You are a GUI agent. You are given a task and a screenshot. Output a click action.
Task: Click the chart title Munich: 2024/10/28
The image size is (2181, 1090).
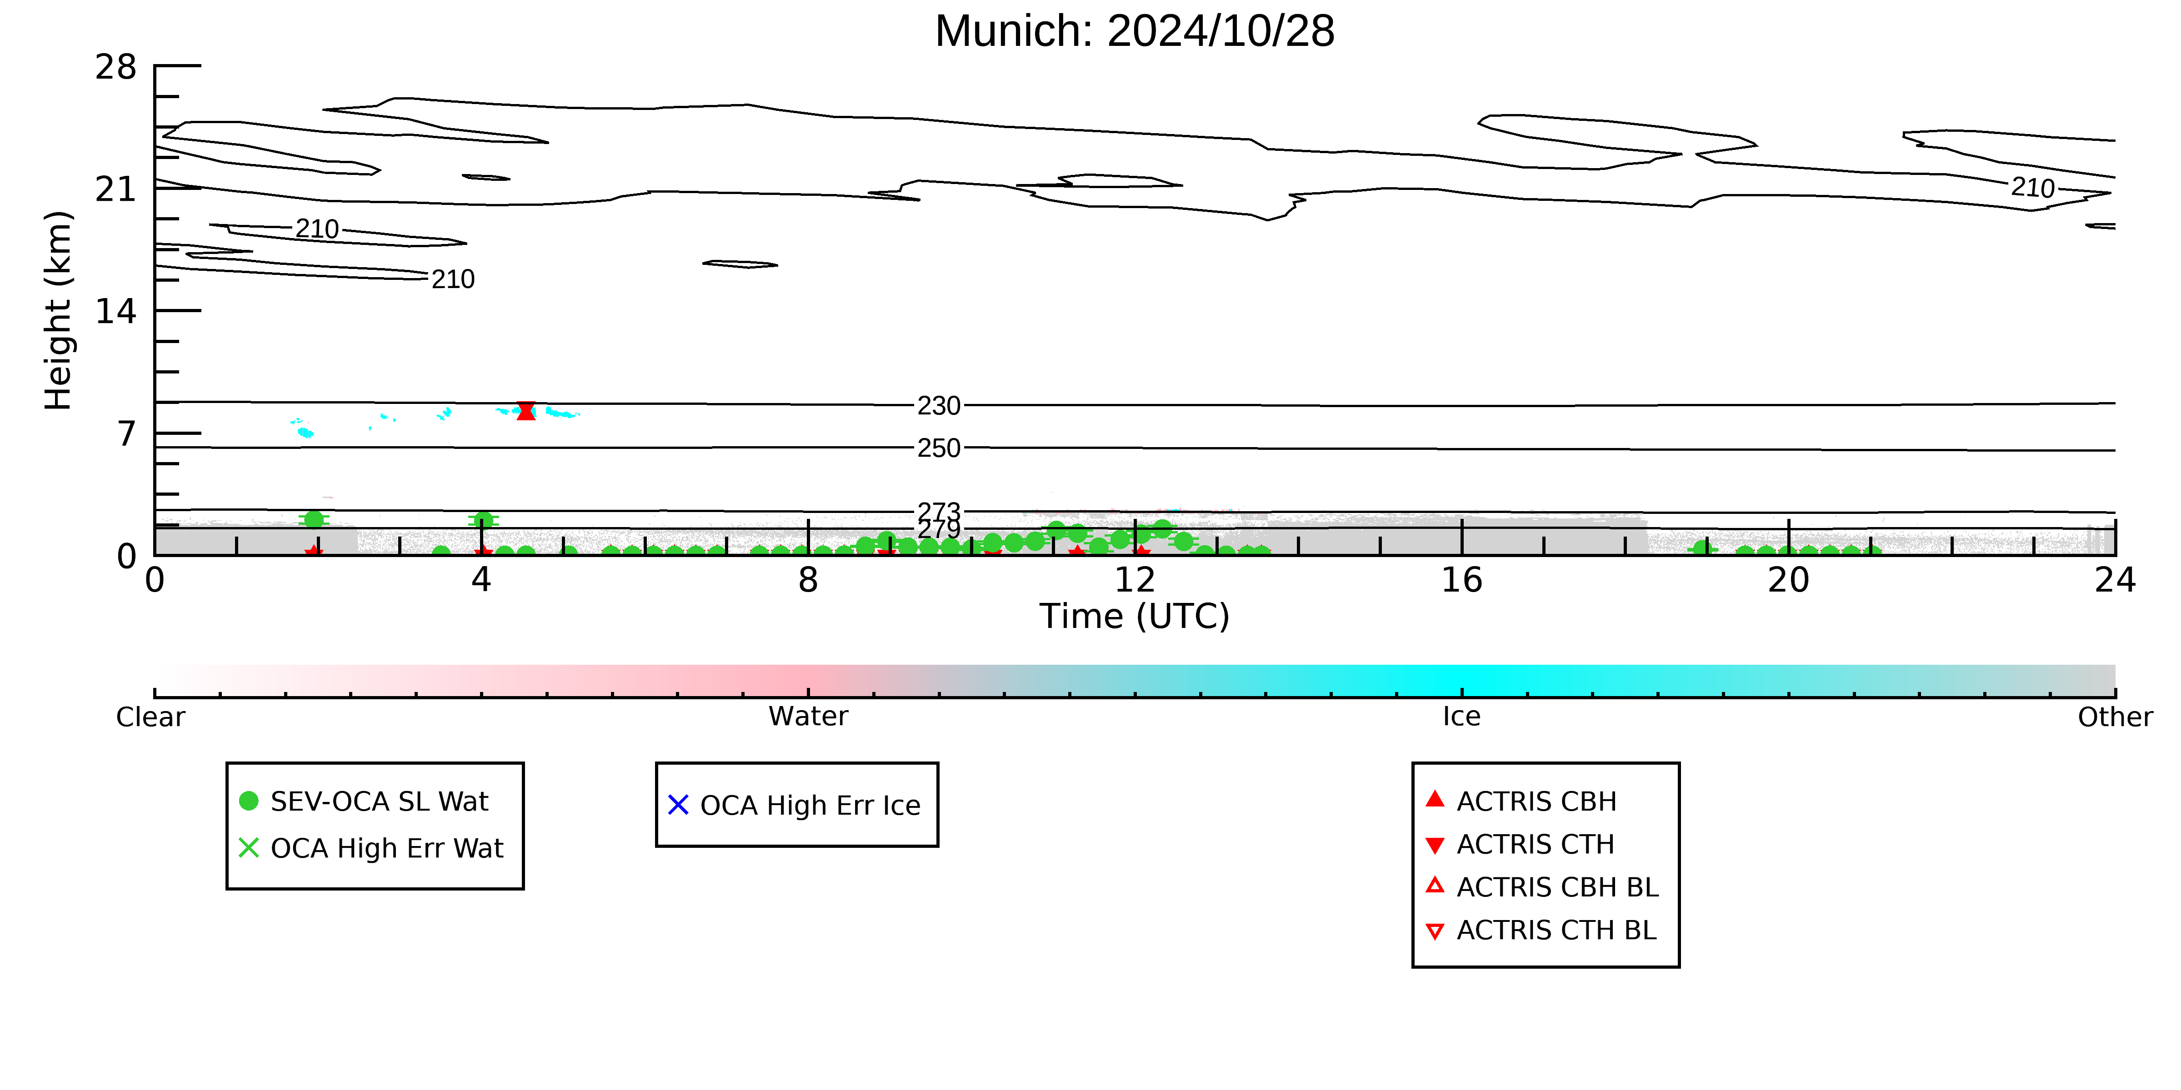1135,31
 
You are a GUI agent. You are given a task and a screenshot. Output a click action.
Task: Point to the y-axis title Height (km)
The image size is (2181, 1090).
59,311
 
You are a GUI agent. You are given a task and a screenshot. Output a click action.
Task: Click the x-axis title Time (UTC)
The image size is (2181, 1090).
1135,616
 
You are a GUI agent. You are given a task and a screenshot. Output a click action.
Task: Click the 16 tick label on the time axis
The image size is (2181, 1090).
1461,581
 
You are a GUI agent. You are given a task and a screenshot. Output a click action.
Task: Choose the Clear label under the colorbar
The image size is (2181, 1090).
151,717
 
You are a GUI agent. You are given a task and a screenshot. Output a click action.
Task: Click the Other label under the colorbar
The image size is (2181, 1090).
2115,717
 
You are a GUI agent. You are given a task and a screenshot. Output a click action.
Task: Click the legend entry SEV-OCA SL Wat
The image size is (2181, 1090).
379,801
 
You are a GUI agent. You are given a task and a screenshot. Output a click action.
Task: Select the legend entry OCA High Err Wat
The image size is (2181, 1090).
387,848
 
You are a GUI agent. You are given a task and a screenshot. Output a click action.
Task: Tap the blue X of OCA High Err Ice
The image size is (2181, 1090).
678,805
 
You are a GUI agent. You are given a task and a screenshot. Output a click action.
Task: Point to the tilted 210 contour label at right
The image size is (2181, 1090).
2033,187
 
